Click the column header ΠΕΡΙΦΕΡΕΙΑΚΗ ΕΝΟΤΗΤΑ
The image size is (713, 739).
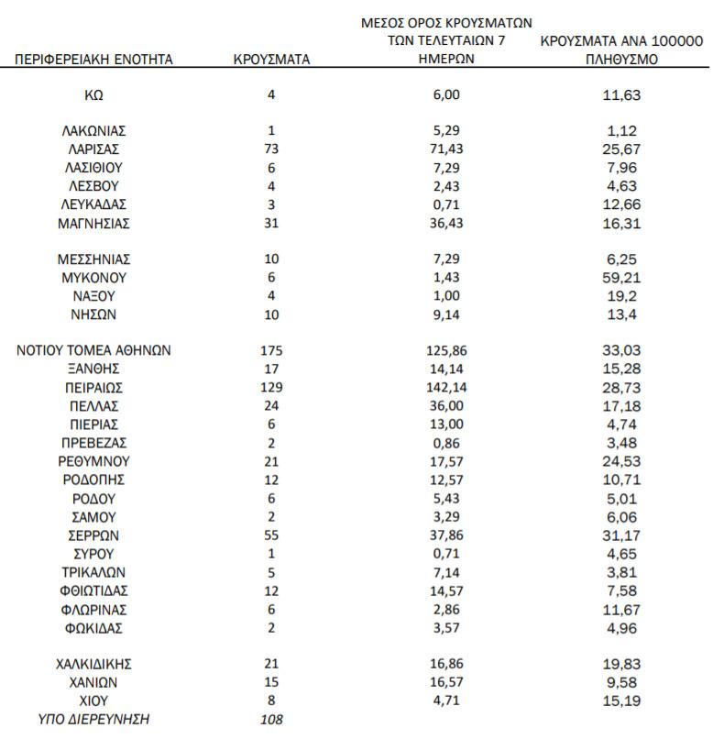93,61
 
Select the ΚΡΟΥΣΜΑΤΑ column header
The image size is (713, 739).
271,61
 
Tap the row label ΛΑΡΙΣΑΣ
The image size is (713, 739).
93,149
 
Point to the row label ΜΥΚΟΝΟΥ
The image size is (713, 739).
93,277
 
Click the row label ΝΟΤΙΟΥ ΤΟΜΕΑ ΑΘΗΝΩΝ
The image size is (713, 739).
93,350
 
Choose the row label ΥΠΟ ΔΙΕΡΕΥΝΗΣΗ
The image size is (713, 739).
93,719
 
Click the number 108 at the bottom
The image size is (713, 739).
271,719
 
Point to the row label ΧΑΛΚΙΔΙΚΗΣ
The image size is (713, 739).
93,664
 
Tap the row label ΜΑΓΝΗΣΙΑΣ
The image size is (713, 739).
93,222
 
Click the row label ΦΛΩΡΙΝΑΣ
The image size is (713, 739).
93,609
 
